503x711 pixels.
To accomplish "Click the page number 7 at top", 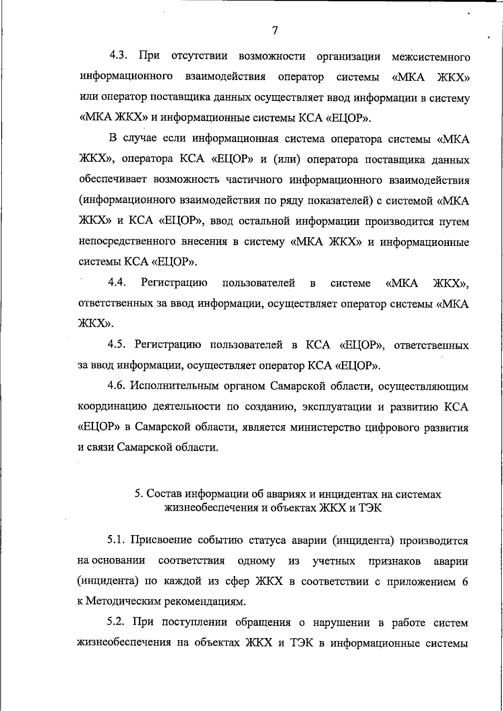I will (275, 30).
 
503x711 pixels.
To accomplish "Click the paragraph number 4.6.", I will (117, 386).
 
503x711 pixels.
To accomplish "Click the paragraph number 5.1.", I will (117, 540).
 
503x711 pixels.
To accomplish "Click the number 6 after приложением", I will (465, 582).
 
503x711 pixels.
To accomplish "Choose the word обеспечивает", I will (114, 180).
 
